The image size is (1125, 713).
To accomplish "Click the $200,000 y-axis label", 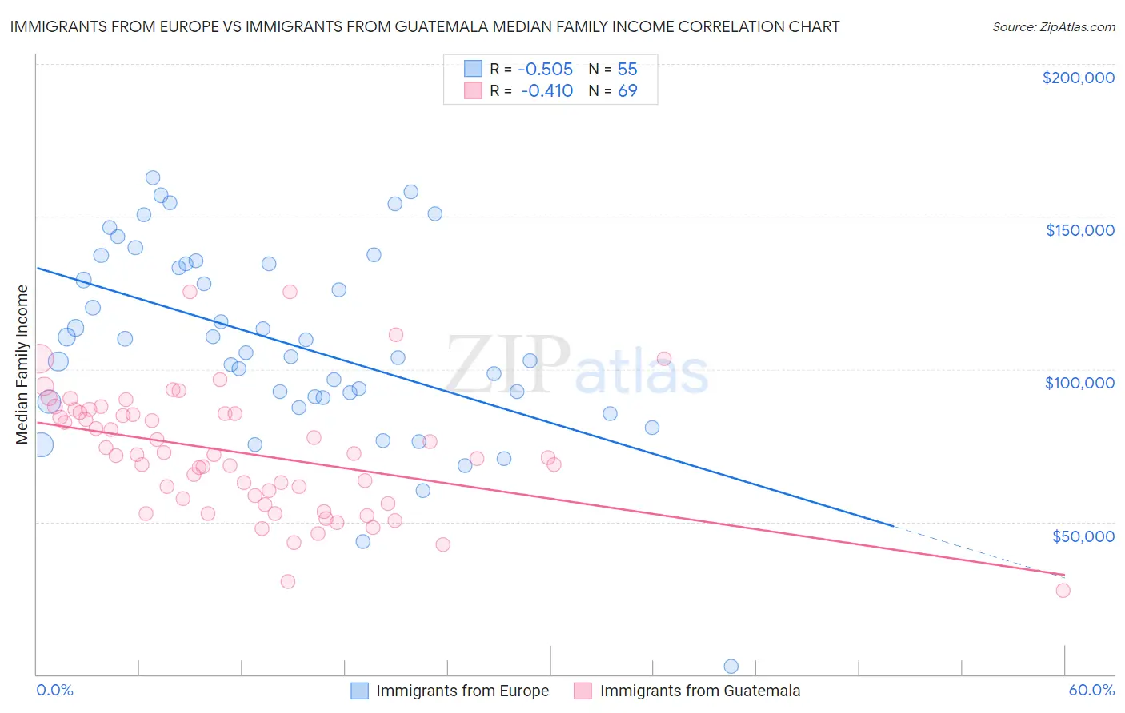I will point(1078,78).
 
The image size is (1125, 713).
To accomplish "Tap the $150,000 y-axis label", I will point(1079,230).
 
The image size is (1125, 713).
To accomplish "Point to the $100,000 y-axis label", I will point(1079,383).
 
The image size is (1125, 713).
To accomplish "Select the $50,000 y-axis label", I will point(1083,536).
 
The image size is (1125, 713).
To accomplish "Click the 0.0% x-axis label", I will point(54,690).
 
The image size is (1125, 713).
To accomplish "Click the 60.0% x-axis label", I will point(1091,690).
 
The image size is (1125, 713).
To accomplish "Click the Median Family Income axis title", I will point(22,364).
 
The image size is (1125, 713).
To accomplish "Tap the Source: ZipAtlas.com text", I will point(1053,27).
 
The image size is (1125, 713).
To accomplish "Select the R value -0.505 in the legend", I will point(546,70).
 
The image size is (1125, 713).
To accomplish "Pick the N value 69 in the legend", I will point(627,91).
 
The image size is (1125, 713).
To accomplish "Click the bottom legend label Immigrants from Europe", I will point(462,691).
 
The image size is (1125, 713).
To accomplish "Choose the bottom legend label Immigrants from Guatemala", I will point(700,691).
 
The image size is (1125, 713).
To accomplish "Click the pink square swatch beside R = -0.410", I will point(474,90).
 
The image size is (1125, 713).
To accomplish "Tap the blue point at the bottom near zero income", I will point(731,666).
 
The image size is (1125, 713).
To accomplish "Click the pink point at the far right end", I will point(1063,590).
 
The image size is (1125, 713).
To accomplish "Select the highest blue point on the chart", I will point(153,177).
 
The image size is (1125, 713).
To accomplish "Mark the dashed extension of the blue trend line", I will point(976,551).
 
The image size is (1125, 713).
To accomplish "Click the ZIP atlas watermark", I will point(576,367).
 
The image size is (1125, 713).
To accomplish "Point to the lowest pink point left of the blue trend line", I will point(288,581).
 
